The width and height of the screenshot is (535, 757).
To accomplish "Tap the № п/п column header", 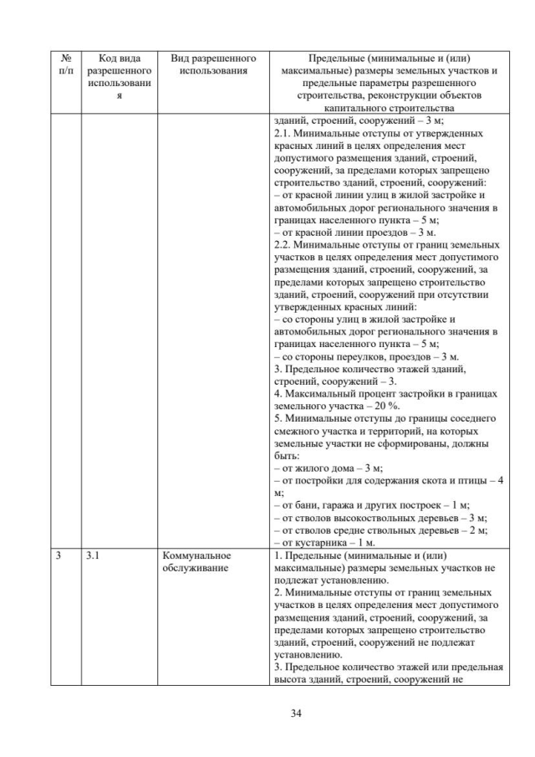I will (x=67, y=64).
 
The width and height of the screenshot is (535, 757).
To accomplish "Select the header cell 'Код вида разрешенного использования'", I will (x=119, y=77).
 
